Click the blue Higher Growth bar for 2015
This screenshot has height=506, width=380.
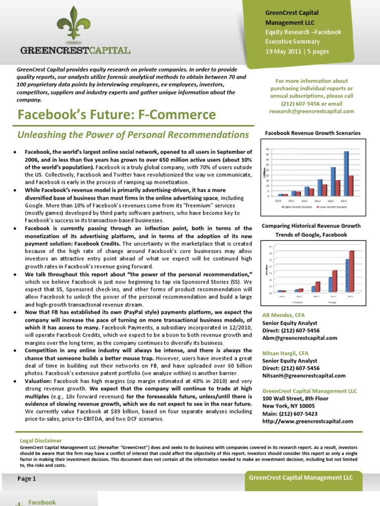pyautogui.click(x=346, y=173)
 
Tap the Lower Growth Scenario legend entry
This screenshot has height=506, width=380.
pyautogui.click(x=330, y=207)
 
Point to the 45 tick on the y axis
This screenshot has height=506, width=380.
pyautogui.click(x=268, y=149)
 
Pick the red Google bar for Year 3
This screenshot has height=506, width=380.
pyautogui.click(x=318, y=286)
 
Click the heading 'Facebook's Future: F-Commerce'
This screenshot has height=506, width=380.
pyautogui.click(x=117, y=115)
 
